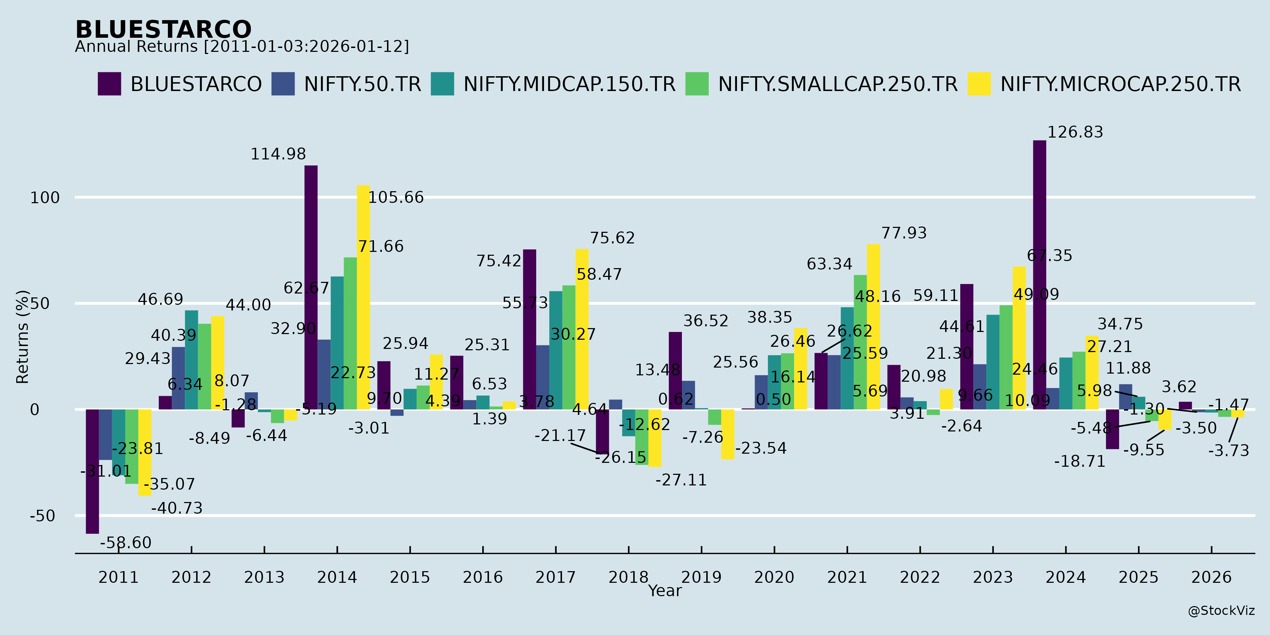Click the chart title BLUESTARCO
(163, 30)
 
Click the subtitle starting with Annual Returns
(242, 47)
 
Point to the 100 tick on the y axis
(45, 198)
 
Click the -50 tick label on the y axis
(42, 516)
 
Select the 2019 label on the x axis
(701, 577)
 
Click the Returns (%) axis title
(23, 337)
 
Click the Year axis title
(665, 591)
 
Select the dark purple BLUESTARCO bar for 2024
(1039, 274)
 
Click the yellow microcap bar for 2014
(363, 297)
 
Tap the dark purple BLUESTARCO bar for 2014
(311, 288)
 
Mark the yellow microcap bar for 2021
(873, 327)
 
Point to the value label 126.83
(1075, 132)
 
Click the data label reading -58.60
(126, 543)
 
